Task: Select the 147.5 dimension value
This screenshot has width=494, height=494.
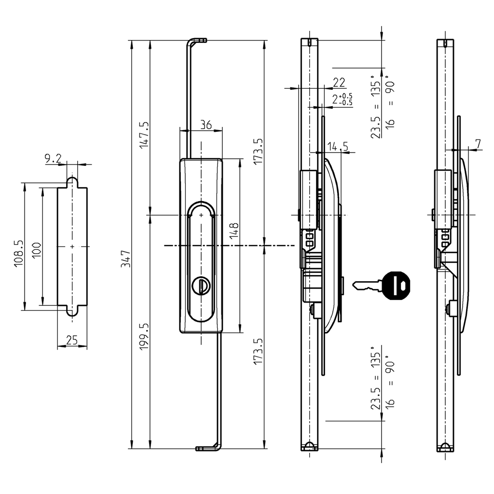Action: click(144, 136)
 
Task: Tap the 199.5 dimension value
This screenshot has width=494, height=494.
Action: click(144, 336)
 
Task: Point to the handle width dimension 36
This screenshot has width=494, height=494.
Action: click(206, 125)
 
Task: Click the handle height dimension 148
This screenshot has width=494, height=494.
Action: click(234, 231)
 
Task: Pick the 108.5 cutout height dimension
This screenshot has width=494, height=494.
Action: click(19, 253)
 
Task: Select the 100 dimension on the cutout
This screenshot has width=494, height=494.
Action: click(37, 251)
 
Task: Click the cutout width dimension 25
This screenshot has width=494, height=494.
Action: click(72, 341)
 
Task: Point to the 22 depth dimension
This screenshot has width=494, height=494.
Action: click(339, 82)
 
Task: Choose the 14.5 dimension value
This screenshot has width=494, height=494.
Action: click(338, 146)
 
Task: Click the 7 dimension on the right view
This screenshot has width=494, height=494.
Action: click(478, 144)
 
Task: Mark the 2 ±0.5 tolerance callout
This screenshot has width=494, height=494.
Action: click(342, 100)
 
